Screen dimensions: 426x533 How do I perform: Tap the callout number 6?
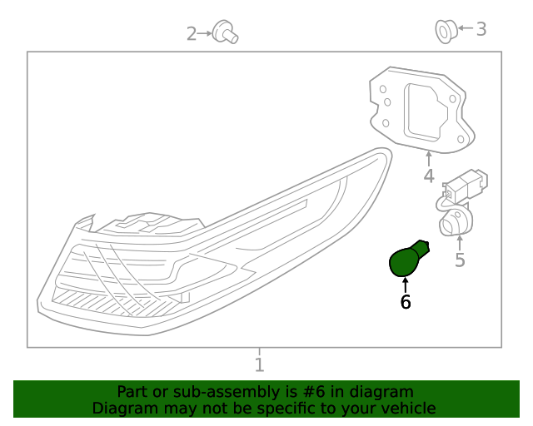pos(406,303)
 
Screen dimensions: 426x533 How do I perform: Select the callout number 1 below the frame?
pos(259,364)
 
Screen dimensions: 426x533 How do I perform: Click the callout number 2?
pos(191,33)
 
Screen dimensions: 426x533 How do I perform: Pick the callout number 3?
pos(481,29)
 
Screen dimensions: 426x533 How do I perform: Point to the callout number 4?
pos(428,176)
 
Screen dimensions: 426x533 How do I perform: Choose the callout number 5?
pos(460,260)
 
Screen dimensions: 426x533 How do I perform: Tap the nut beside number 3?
pos(444,32)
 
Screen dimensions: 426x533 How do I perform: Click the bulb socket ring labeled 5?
pos(455,222)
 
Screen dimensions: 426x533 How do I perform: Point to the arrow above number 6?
pos(406,285)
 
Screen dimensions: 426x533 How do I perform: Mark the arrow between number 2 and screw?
pos(205,33)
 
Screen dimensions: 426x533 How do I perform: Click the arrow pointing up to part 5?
pos(460,241)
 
